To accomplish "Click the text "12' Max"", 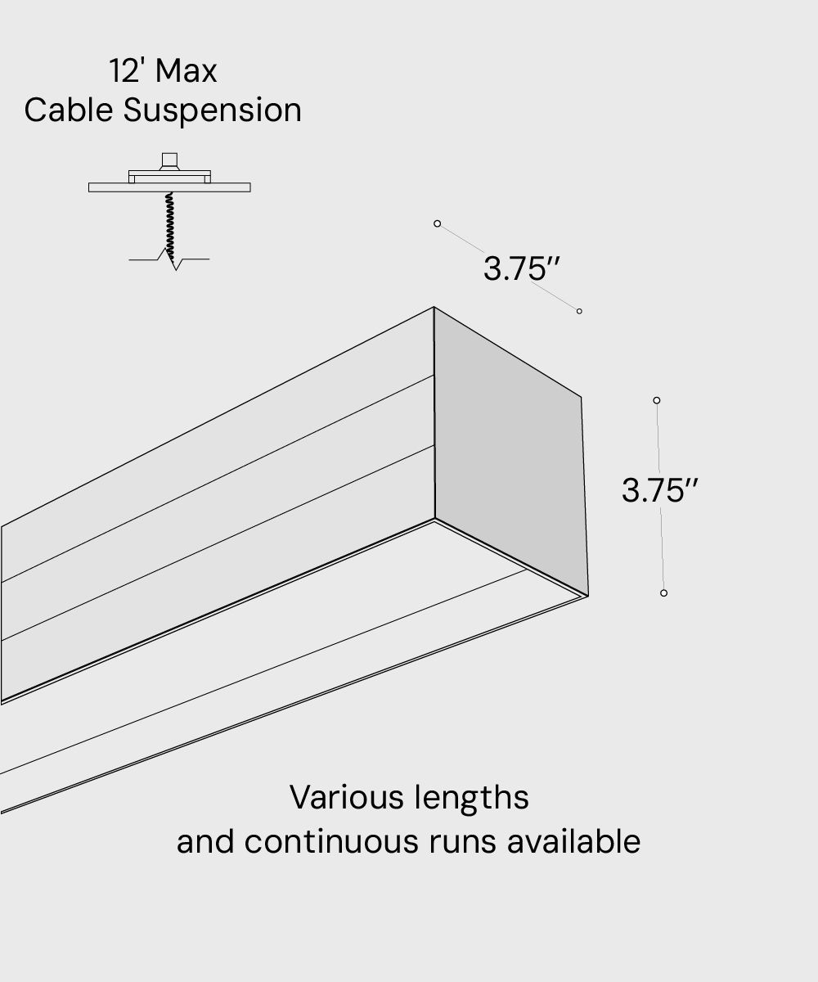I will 163,71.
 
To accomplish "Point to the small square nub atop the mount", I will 169,159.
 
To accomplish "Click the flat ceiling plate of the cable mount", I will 169,187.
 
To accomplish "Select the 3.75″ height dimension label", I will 659,490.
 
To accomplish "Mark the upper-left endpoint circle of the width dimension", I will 438,223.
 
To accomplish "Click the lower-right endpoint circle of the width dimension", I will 579,311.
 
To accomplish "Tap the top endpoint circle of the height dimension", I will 657,400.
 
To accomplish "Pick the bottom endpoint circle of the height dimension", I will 663,592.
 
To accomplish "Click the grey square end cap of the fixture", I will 509,450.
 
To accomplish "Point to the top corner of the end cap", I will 434,308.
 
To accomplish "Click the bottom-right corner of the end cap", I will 587,595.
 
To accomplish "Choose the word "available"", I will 573,841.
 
